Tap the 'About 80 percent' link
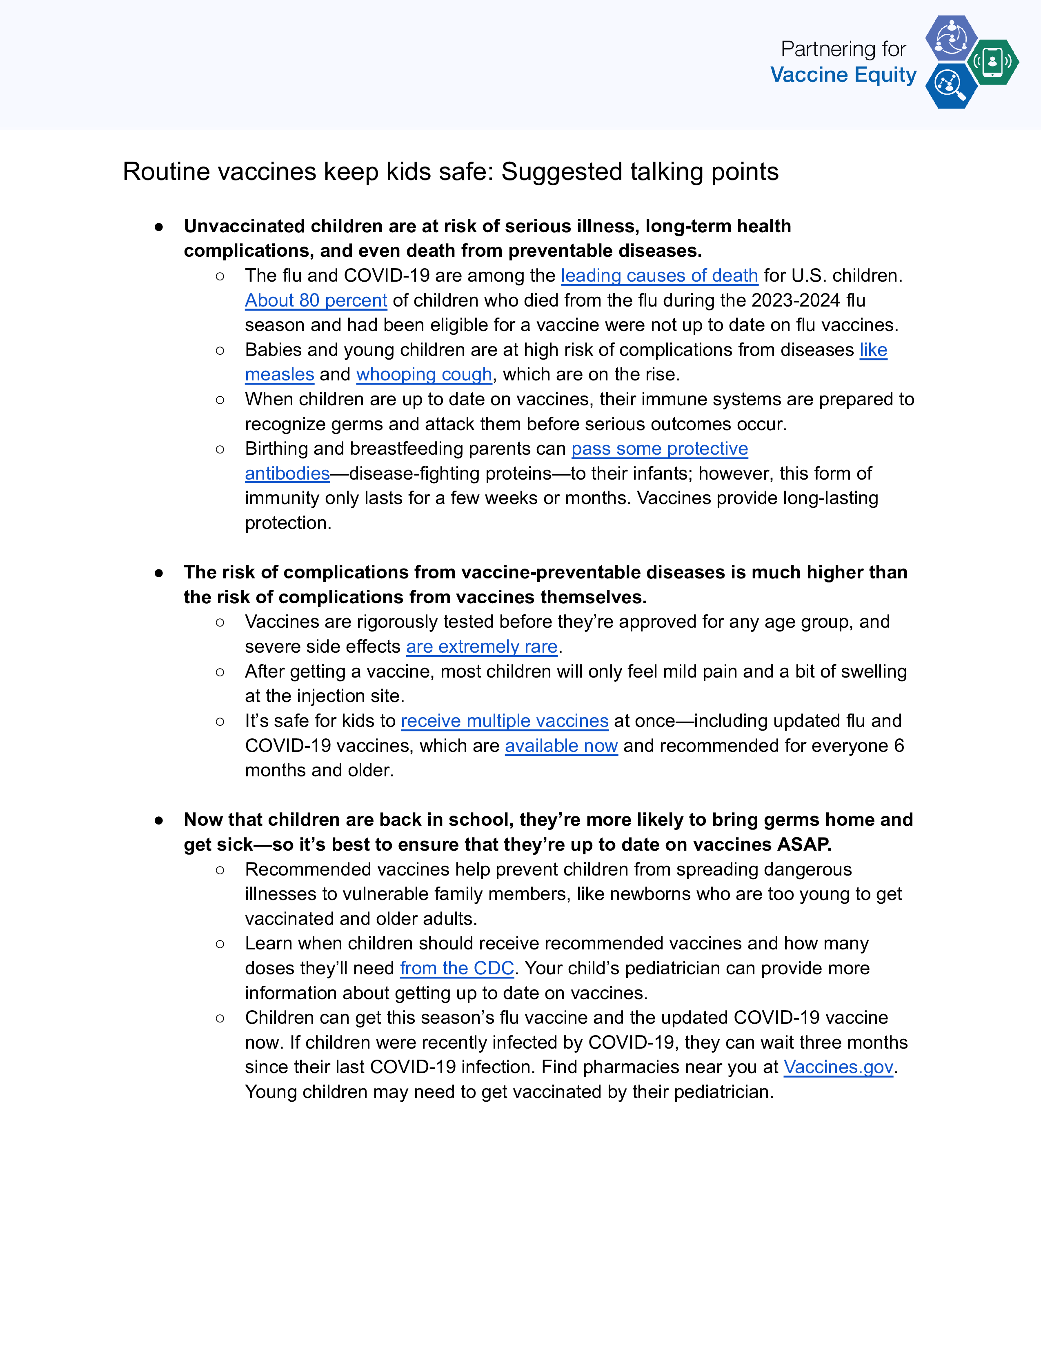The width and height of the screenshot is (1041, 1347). pyautogui.click(x=316, y=300)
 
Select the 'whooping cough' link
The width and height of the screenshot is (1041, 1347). pyautogui.click(x=424, y=374)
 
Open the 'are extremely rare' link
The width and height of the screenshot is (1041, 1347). pyautogui.click(x=482, y=647)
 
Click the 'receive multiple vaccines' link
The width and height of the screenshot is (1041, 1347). pyautogui.click(x=505, y=721)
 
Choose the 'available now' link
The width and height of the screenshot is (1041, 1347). pyautogui.click(x=561, y=746)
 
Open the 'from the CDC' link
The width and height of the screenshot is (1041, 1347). pyautogui.click(x=457, y=968)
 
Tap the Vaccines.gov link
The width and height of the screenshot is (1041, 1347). pyautogui.click(x=838, y=1067)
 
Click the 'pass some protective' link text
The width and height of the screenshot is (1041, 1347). pyautogui.click(x=659, y=448)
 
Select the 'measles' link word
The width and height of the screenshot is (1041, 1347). pyautogui.click(x=279, y=374)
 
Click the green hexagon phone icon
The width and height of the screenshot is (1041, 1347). pyautogui.click(x=992, y=62)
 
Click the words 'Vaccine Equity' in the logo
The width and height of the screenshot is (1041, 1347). pyautogui.click(x=843, y=75)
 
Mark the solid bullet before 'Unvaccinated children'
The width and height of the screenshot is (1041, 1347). pyautogui.click(x=159, y=227)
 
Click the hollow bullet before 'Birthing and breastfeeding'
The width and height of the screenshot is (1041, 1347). pyautogui.click(x=220, y=449)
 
